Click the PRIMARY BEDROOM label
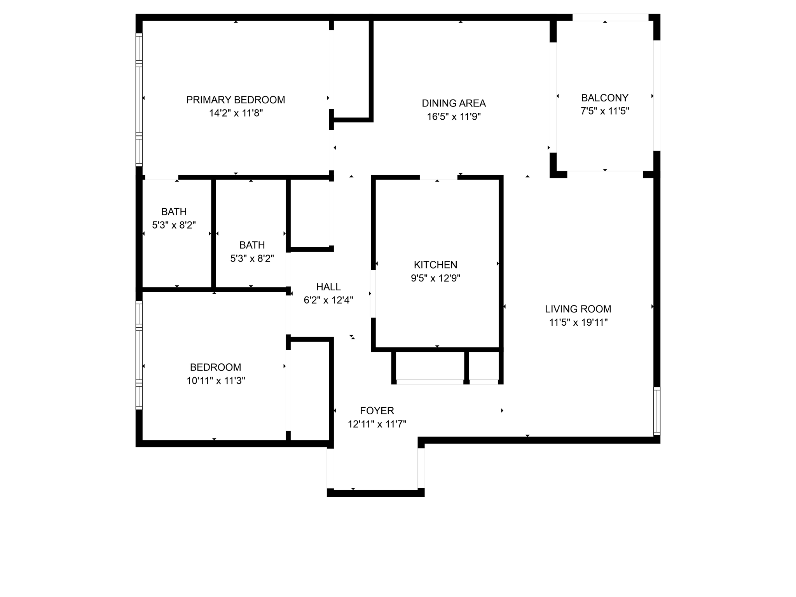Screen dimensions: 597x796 coord(236,100)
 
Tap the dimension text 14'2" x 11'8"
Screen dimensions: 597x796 coord(236,113)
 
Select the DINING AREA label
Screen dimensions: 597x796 coord(454,103)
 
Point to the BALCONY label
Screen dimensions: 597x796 coord(605,98)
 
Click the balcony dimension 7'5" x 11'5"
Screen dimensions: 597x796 coord(605,111)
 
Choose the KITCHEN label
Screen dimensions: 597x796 coord(435,265)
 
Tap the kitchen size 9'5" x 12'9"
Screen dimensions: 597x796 coord(435,278)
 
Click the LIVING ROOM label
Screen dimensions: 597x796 coord(578,309)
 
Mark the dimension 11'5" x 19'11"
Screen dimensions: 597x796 coord(578,322)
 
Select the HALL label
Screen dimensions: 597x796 coord(328,287)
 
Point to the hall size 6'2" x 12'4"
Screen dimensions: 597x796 coord(328,300)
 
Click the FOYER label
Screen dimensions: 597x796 coord(377,410)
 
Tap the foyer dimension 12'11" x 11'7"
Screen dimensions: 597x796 coord(377,424)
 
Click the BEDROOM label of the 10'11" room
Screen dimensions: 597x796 coord(215,367)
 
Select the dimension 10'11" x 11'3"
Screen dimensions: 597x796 coord(216,381)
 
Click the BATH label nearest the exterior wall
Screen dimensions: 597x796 coord(174,212)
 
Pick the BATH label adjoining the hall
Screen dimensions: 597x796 coord(252,245)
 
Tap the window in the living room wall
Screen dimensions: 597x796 coord(656,411)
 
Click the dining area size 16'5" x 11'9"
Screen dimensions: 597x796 coord(454,117)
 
